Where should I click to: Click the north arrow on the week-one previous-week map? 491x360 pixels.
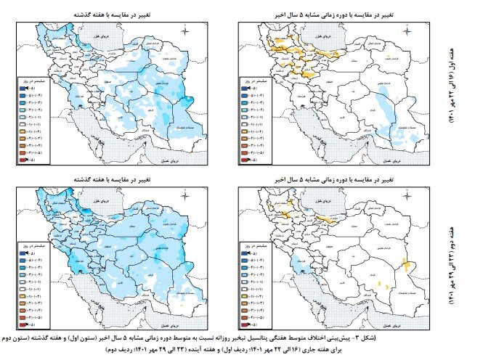[186, 30]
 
